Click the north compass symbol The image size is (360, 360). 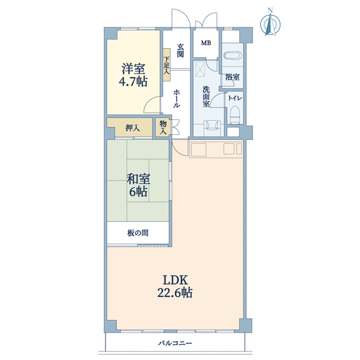[270, 23]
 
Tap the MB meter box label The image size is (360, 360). [206, 42]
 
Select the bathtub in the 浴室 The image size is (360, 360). [232, 55]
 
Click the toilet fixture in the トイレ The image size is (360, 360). [235, 114]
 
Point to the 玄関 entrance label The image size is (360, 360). [180, 51]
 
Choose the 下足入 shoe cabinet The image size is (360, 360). [167, 64]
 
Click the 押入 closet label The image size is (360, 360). [132, 127]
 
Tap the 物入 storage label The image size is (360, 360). [163, 127]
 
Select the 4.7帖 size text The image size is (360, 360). [133, 81]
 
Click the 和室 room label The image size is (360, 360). [139, 179]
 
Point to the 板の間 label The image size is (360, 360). [137, 233]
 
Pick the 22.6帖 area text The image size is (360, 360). [175, 292]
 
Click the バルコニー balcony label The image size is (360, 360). [175, 344]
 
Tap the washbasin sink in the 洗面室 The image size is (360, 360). [211, 126]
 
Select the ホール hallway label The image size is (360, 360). [176, 99]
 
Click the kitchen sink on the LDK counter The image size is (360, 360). [197, 150]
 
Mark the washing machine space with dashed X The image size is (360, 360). [200, 69]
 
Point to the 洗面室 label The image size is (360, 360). [206, 96]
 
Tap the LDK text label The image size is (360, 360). [176, 281]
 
